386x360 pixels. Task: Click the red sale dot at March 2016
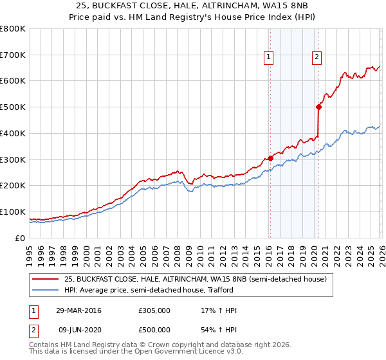pos(270,158)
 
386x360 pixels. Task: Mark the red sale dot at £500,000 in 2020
pos(318,107)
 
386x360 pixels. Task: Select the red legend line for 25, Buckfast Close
pos(46,279)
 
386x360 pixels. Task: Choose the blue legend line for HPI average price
pos(46,290)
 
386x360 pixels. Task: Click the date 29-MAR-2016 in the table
pos(78,310)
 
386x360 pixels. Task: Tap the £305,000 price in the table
pos(154,310)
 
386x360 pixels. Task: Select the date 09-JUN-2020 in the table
pos(78,330)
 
